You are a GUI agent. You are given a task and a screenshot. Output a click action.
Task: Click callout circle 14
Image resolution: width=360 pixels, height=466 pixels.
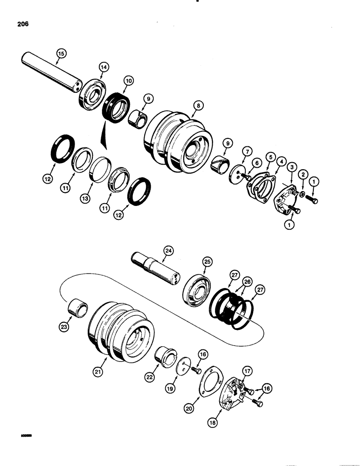point(103,67)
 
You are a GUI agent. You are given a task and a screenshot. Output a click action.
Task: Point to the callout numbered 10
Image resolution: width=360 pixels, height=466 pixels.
point(128,81)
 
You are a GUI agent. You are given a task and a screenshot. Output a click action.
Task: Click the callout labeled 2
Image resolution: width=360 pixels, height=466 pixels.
point(303,173)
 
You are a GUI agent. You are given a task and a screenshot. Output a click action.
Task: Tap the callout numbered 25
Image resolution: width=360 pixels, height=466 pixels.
point(207,262)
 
